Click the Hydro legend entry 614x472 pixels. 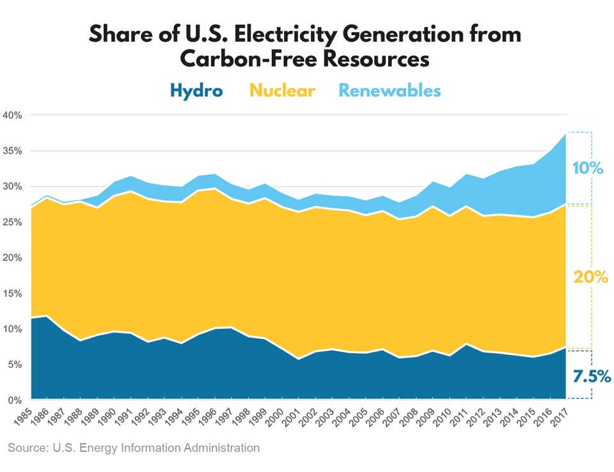tap(196, 91)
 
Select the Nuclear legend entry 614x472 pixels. tap(282, 91)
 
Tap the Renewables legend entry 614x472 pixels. tap(390, 91)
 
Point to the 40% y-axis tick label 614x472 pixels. tap(12, 116)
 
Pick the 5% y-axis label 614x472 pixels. tap(15, 365)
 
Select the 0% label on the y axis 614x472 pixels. tap(15, 400)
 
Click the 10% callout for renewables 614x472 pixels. tap(588, 169)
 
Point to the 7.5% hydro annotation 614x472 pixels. tap(590, 377)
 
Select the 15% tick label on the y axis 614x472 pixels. tap(12, 294)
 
